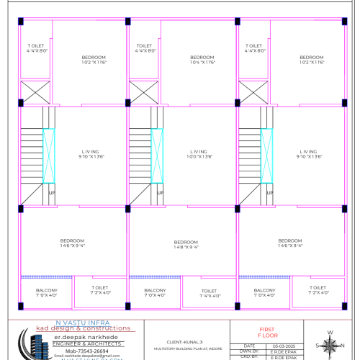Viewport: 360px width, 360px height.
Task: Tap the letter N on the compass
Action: (x=329, y=333)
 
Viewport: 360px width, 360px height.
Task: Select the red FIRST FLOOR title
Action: (x=267, y=332)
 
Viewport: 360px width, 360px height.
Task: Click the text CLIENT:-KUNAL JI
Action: (x=185, y=341)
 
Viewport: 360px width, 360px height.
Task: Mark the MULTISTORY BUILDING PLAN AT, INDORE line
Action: (x=185, y=348)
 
